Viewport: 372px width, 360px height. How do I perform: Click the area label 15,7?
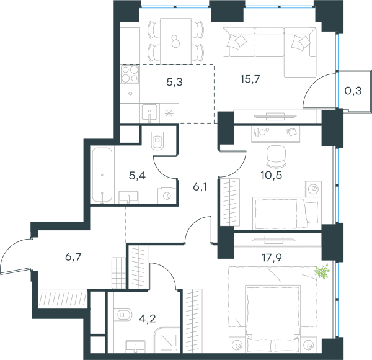coord(250,79)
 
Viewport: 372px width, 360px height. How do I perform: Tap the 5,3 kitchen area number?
coord(174,82)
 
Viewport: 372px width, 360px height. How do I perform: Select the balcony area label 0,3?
coord(353,91)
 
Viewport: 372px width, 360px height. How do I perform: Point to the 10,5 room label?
coord(272,175)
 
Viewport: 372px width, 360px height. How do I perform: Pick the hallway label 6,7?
coord(73,257)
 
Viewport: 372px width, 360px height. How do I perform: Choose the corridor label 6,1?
coord(200,187)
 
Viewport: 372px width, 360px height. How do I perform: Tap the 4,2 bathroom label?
coord(148,318)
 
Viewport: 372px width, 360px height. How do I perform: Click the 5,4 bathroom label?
coord(137,176)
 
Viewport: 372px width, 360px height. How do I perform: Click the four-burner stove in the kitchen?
coord(130,74)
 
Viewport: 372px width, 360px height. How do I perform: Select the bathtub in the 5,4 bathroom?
coord(102,175)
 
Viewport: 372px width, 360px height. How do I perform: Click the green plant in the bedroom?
coord(322,271)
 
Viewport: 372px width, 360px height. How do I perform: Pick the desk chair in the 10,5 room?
coord(276,156)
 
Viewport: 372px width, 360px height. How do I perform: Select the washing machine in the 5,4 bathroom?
coord(167,196)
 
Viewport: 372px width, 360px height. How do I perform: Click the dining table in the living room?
coord(176,41)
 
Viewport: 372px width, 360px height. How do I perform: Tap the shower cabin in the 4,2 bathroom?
coord(167,340)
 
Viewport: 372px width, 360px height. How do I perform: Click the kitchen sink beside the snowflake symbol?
coord(149,113)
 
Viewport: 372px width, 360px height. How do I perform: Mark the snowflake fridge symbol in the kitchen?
coord(169,113)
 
